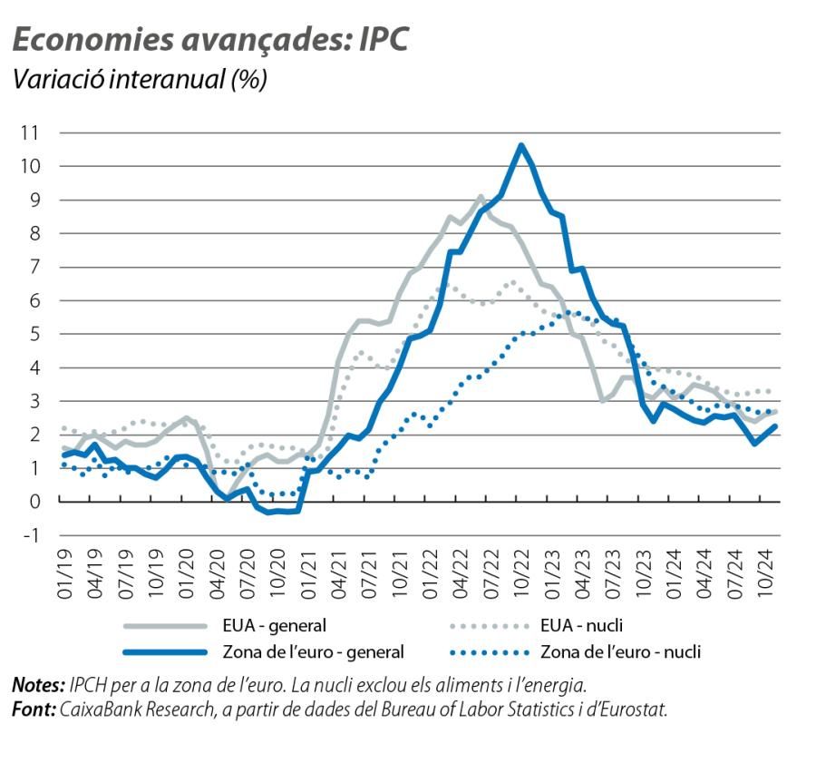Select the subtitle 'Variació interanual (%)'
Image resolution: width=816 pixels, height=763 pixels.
pyautogui.click(x=138, y=79)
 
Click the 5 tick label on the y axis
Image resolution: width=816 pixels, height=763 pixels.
pyautogui.click(x=34, y=334)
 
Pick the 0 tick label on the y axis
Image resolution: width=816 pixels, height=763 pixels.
pyautogui.click(x=34, y=502)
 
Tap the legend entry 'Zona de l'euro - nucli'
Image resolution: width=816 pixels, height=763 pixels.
pyautogui.click(x=621, y=651)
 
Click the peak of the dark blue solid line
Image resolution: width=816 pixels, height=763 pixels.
pyautogui.click(x=520, y=144)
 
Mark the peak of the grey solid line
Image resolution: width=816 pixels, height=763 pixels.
pyautogui.click(x=481, y=196)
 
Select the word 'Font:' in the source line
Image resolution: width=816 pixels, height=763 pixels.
pyautogui.click(x=34, y=708)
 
